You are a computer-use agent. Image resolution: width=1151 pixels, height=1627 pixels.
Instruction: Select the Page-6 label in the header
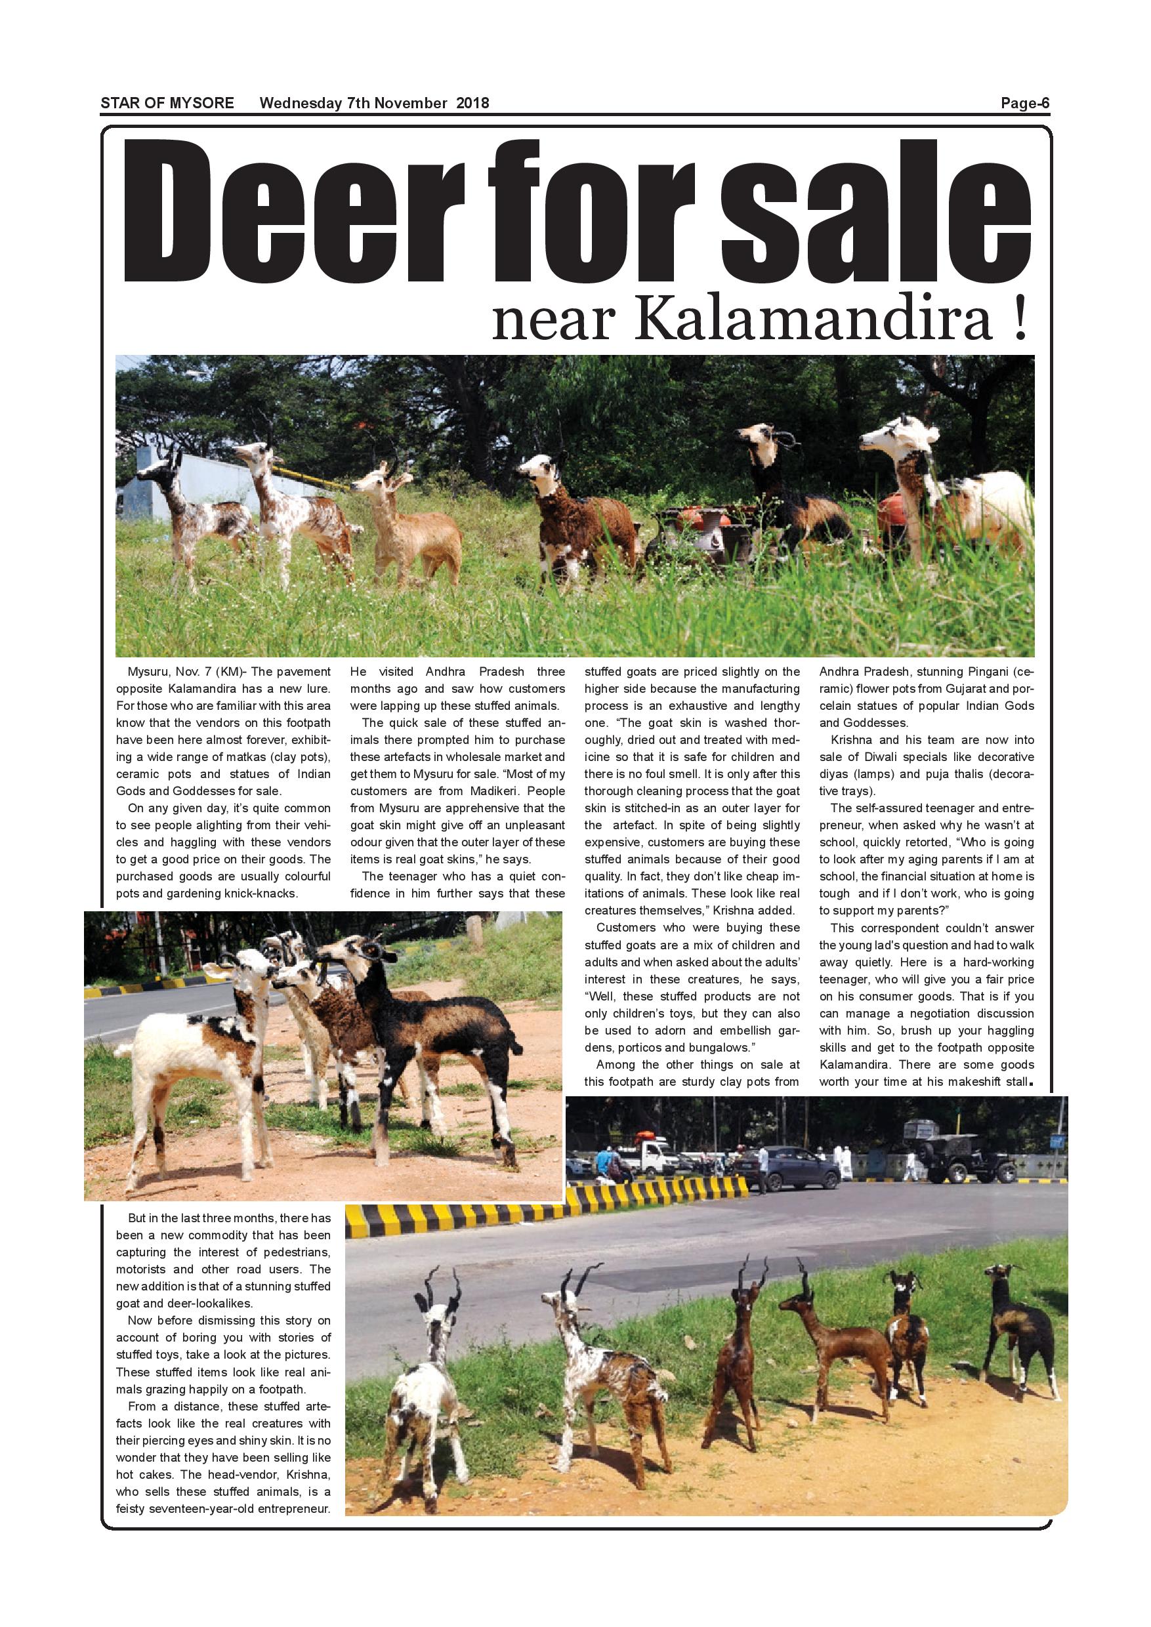tap(1024, 104)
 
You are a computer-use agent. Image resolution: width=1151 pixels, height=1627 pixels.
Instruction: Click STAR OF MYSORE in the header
tap(167, 104)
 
